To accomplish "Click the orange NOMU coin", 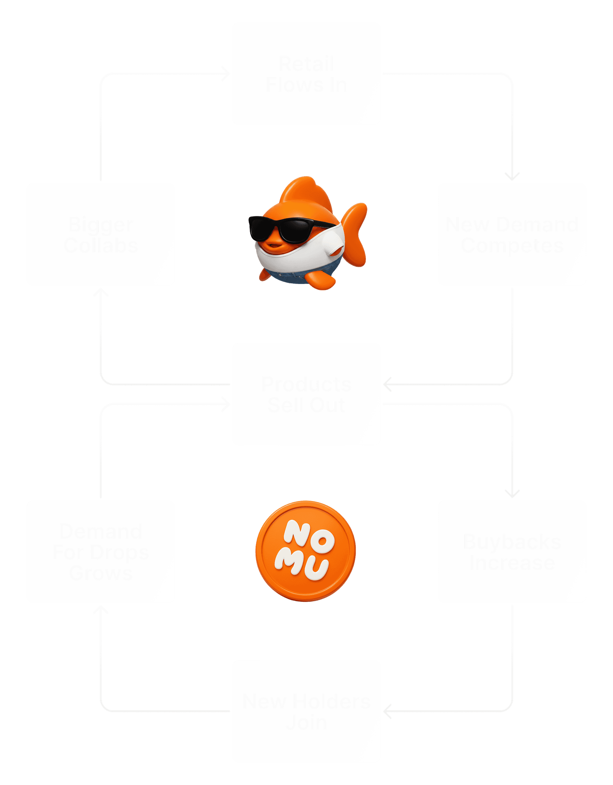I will point(306,551).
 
